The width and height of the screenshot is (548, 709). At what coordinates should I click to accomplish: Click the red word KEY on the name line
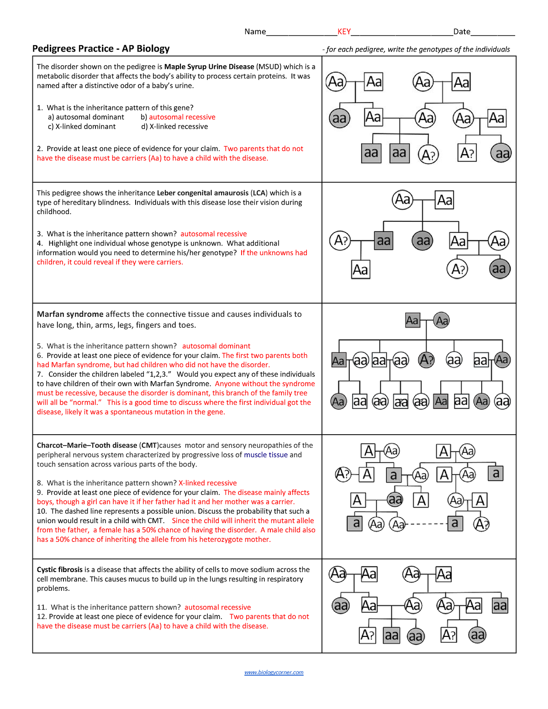point(344,32)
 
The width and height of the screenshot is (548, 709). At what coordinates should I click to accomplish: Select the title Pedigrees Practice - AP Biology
point(101,48)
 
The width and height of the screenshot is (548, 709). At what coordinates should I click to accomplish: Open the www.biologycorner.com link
point(274,672)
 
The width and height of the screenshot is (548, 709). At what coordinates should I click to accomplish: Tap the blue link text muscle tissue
point(266,455)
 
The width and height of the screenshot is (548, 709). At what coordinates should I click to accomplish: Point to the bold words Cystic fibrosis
point(60,569)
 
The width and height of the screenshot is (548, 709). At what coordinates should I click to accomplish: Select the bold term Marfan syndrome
point(70,314)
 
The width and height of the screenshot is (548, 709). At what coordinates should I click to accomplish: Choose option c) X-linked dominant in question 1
point(82,126)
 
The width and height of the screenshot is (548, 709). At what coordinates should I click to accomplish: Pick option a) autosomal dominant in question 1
point(86,117)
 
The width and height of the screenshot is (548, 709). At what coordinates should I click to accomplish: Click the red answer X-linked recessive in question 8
point(208,483)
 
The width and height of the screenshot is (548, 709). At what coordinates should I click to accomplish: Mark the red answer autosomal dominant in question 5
point(216,346)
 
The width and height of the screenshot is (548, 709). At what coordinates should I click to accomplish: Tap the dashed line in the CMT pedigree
point(426,524)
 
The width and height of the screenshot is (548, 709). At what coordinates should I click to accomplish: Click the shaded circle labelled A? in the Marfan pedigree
point(427,360)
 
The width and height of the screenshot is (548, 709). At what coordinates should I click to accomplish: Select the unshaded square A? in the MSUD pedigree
point(467,153)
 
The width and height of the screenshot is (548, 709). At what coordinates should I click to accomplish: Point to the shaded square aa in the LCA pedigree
point(384,241)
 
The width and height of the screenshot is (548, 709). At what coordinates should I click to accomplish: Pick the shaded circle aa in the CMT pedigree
point(395,499)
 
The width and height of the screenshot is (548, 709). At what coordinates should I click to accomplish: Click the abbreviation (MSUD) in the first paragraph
point(269,67)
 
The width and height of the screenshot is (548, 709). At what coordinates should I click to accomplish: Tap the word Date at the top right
point(462,32)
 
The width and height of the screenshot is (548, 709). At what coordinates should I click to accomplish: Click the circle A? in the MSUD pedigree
point(428,155)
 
